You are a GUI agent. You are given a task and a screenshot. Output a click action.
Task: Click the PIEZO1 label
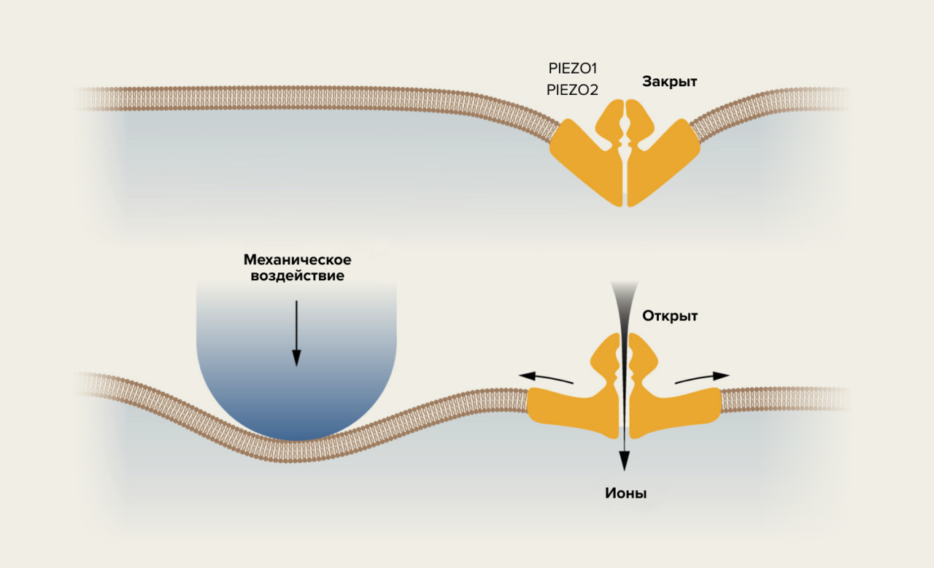[573, 69]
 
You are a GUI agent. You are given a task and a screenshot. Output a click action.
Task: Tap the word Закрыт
[669, 82]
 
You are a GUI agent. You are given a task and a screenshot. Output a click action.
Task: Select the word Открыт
[670, 316]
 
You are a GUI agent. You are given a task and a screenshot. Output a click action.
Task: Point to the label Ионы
[626, 494]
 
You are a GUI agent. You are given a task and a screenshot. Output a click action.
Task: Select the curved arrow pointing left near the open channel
[546, 377]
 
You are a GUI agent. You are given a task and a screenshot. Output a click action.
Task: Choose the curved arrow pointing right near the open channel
[702, 377]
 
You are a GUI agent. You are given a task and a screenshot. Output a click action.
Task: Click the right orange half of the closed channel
[660, 157]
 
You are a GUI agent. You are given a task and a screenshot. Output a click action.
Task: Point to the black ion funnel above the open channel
[625, 307]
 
